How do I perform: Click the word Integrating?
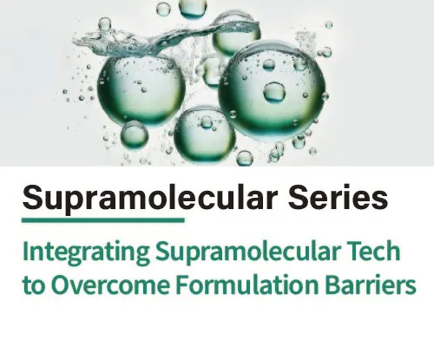85,253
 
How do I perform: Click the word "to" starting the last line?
34,285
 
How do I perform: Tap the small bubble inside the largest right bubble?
274,91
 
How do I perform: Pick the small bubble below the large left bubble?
135,134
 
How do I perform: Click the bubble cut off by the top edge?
194,8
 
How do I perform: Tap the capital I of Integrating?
26,253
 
